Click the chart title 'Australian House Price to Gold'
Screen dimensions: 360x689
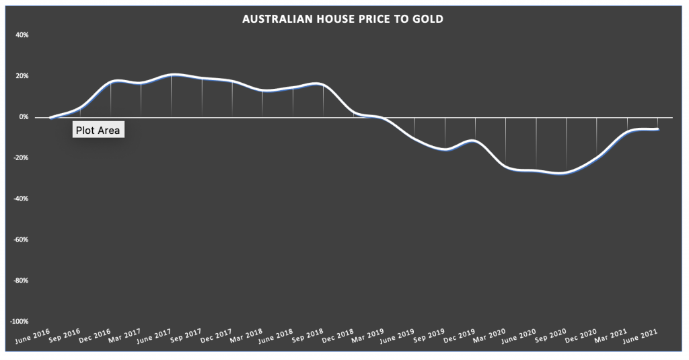[343, 20]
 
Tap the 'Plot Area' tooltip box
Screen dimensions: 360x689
[98, 131]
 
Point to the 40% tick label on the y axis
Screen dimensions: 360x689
[22, 35]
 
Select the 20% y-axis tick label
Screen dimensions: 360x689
[22, 76]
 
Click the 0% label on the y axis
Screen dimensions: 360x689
[24, 117]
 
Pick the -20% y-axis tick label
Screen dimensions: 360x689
[21, 158]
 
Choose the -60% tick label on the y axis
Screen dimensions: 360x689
[21, 240]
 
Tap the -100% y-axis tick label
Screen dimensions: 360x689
[19, 322]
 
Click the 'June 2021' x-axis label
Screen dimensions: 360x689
[644, 336]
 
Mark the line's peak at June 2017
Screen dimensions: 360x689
[172, 75]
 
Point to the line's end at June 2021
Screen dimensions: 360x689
[657, 129]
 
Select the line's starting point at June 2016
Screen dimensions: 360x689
[50, 118]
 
